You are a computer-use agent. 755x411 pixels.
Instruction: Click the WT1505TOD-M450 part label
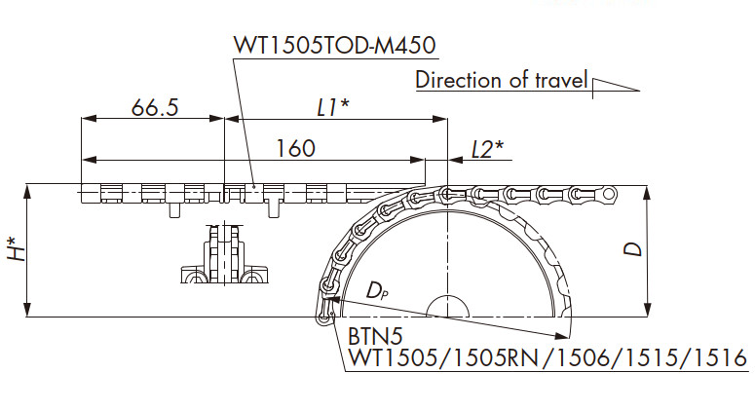pos(335,45)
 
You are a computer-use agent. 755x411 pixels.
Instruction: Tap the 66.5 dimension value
pos(155,107)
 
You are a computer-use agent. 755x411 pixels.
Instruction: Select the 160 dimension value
pos(295,148)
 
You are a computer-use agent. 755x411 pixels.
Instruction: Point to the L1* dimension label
pos(333,107)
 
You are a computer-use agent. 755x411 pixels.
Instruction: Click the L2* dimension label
pos(487,150)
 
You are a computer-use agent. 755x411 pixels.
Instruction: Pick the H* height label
pos(17,248)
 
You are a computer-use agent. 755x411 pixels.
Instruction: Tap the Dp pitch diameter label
pos(377,290)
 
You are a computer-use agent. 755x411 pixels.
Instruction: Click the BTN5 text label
pos(375,337)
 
